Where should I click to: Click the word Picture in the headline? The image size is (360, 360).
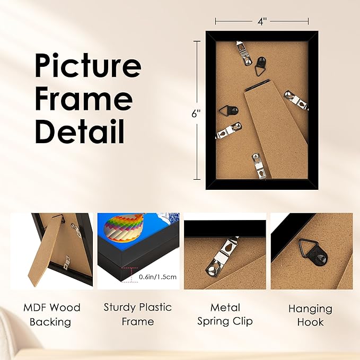(88, 67)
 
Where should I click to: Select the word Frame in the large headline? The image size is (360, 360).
(84, 99)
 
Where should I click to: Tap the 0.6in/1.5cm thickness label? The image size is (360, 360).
(158, 277)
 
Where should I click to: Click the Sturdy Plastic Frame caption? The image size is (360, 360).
(137, 314)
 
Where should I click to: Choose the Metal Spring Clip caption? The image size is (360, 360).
(225, 314)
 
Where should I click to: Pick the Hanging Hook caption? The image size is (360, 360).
(310, 315)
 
